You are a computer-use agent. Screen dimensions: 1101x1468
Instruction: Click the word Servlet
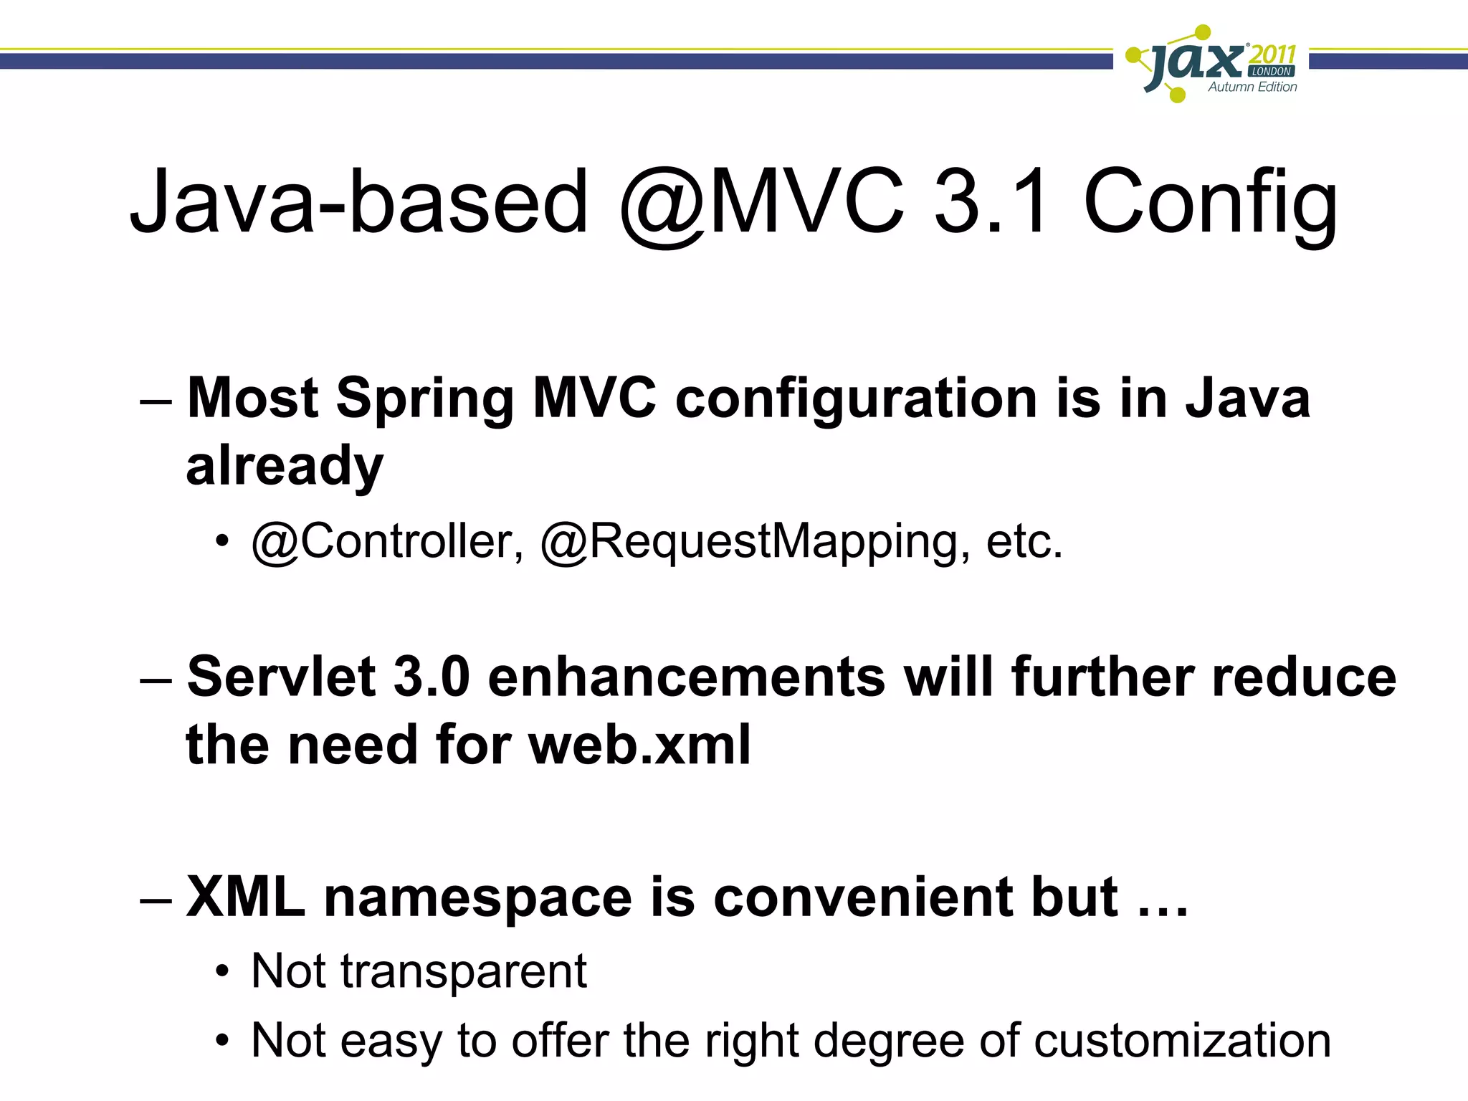pos(281,677)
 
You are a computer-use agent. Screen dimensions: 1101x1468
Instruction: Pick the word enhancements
pos(686,678)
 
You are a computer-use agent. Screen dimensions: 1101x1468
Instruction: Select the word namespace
pos(478,897)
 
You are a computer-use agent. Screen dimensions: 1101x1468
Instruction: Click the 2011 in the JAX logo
pos(1272,54)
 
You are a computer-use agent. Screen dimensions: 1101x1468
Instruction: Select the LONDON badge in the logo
pos(1272,72)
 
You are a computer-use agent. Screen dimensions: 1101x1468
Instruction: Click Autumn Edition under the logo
pos(1252,87)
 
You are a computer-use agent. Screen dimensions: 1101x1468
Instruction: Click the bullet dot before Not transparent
pos(224,973)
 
